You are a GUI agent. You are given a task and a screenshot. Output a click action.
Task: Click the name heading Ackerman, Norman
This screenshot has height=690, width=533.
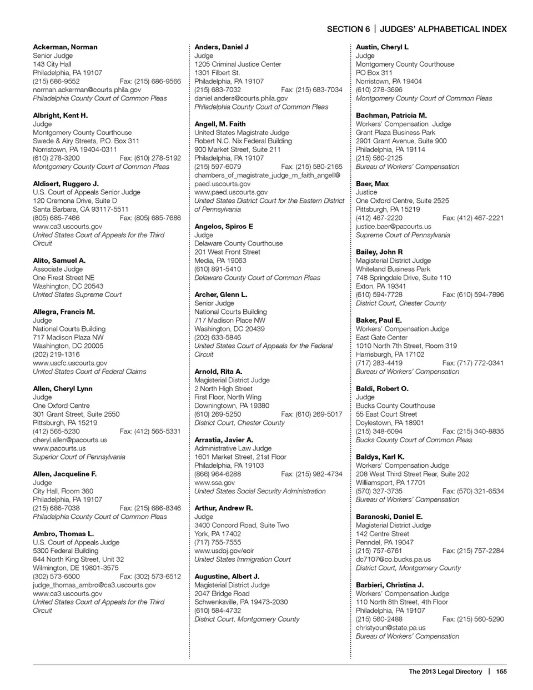(65, 47)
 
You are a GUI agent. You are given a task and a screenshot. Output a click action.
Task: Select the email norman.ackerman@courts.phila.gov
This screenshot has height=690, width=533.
(87, 89)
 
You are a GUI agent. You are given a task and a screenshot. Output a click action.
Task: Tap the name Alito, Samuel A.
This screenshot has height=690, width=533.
(59, 261)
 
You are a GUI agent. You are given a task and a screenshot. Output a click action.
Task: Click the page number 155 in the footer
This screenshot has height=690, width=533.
(501, 672)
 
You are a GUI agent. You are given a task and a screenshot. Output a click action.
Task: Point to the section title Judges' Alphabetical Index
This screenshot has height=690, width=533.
(443, 29)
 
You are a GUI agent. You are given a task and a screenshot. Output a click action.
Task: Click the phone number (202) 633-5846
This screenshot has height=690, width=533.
(218, 337)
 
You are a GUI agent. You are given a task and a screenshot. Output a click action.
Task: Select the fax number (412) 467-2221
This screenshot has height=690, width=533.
(473, 218)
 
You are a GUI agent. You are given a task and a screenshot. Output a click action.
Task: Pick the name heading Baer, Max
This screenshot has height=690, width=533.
(372, 184)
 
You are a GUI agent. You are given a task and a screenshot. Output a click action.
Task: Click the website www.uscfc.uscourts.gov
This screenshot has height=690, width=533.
(70, 363)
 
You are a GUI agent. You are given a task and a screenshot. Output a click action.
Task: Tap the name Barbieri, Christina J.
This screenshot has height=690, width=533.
(390, 585)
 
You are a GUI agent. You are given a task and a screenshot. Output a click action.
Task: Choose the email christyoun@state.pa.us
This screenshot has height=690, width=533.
(391, 628)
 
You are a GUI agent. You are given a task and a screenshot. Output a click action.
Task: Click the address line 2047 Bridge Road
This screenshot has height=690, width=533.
(222, 593)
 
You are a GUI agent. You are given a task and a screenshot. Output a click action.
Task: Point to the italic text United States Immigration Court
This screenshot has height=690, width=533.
(243, 559)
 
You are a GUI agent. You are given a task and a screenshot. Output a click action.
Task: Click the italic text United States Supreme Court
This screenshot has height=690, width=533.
(77, 294)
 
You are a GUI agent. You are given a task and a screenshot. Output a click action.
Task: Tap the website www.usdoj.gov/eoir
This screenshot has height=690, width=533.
(224, 551)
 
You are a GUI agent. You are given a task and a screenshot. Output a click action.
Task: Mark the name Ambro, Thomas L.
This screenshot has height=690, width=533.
(63, 534)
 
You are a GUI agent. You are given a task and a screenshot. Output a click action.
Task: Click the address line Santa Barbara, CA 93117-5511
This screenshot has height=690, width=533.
(81, 209)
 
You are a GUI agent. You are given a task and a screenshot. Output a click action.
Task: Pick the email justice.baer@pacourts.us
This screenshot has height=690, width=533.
(394, 227)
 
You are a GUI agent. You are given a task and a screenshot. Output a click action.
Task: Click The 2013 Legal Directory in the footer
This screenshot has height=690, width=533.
(445, 672)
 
